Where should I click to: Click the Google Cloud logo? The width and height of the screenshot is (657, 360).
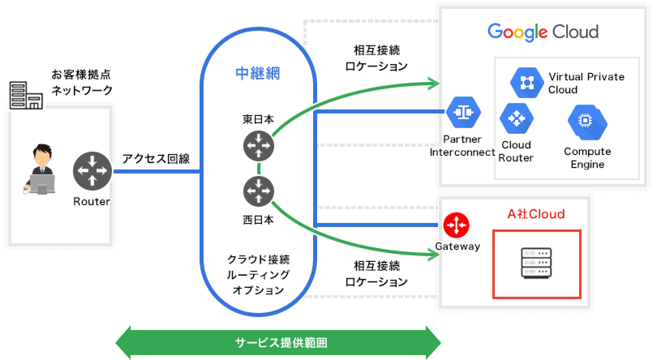pyautogui.click(x=543, y=32)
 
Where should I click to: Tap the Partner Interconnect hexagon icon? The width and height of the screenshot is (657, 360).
pyautogui.click(x=463, y=112)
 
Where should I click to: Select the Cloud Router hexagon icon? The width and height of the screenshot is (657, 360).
pyautogui.click(x=516, y=118)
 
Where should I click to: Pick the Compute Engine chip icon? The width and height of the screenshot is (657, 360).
pyautogui.click(x=587, y=121)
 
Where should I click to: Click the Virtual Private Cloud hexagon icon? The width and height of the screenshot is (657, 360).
pyautogui.click(x=526, y=83)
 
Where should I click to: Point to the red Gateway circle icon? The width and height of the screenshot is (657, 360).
pyautogui.click(x=456, y=225)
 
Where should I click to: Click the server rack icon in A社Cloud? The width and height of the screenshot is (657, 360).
pyautogui.click(x=536, y=263)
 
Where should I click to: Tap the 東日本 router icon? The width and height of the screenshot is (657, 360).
pyautogui.click(x=258, y=146)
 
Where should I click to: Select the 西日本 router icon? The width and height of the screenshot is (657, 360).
pyautogui.click(x=258, y=191)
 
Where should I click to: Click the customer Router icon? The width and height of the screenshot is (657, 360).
pyautogui.click(x=92, y=171)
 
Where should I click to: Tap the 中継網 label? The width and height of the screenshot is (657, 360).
pyautogui.click(x=258, y=73)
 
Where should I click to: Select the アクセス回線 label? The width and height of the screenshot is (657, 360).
pyautogui.click(x=156, y=159)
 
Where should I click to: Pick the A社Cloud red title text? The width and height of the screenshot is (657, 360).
pyautogui.click(x=536, y=214)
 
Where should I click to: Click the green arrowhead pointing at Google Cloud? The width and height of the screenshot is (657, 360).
pyautogui.click(x=435, y=84)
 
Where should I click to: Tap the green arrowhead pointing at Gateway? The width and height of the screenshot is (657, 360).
pyautogui.click(x=435, y=255)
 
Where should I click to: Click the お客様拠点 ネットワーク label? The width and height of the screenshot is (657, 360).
pyautogui.click(x=82, y=82)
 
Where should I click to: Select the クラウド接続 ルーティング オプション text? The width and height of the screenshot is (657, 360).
pyautogui.click(x=258, y=274)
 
